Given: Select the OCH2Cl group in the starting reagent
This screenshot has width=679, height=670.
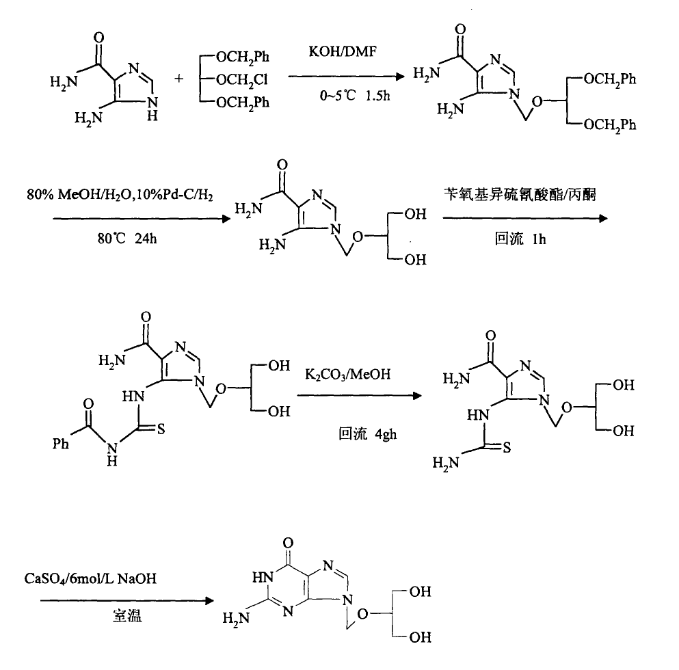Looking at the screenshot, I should tap(242, 80).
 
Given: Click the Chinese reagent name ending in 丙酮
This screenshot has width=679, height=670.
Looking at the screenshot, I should tap(523, 198).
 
